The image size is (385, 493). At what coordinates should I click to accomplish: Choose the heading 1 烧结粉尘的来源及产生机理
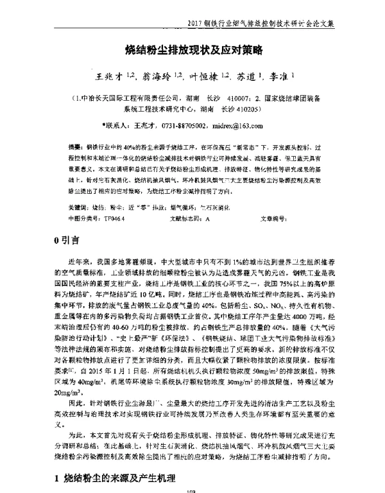pyautogui.click(x=116, y=477)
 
